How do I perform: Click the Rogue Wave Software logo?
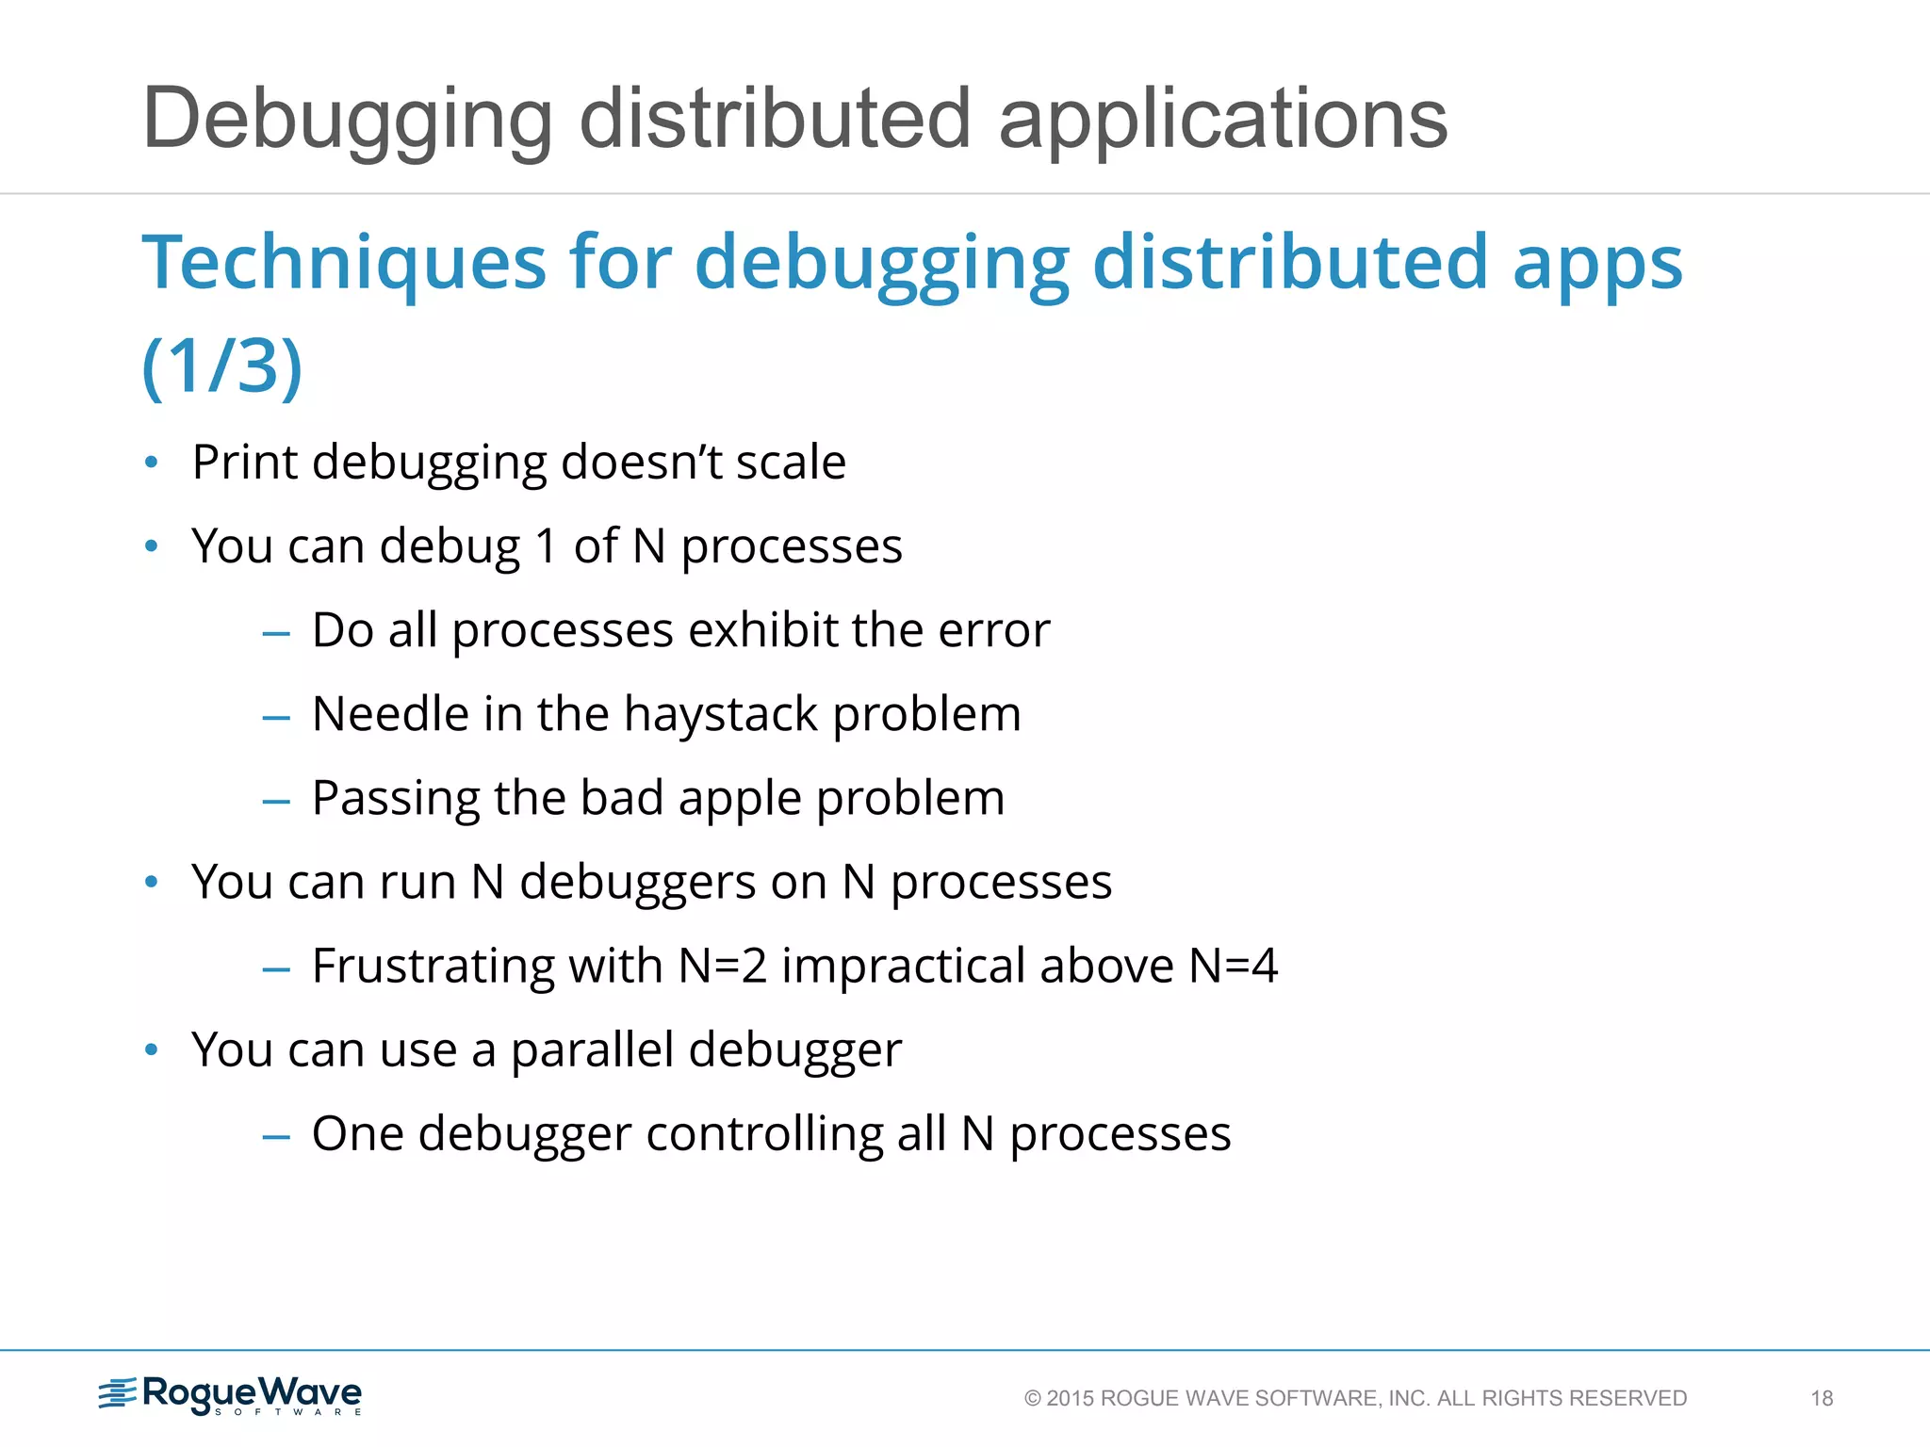[231, 1395]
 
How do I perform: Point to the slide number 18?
[1822, 1398]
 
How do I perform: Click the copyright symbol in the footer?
[1032, 1399]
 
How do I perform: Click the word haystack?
[720, 715]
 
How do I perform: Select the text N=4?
[1234, 966]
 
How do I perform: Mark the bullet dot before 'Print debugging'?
[151, 463]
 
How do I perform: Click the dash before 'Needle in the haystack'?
[276, 718]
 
